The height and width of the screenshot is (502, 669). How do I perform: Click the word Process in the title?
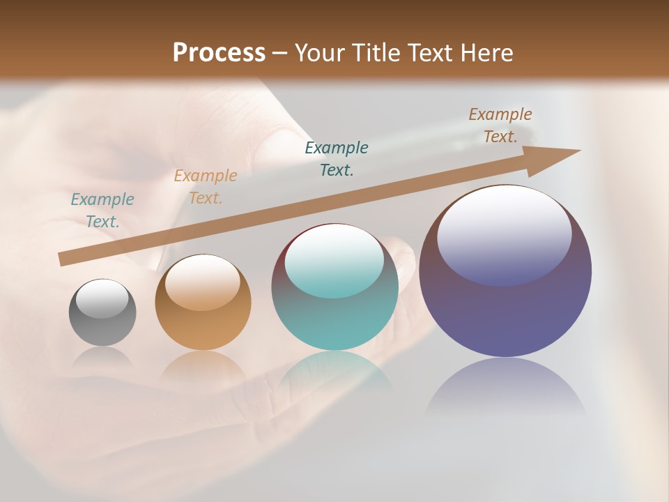219,53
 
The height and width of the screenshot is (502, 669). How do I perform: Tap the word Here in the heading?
484,53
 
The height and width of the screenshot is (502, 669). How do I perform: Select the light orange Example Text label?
206,187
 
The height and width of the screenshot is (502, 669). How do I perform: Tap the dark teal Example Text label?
337,158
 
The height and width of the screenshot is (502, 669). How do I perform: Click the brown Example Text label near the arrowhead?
500,125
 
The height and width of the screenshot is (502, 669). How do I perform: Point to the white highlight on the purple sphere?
504,234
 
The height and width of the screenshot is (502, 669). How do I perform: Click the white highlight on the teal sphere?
334,259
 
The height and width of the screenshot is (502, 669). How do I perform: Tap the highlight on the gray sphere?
102,298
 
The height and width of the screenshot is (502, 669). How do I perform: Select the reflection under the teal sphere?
335,373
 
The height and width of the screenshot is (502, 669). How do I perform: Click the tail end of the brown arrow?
64,259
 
